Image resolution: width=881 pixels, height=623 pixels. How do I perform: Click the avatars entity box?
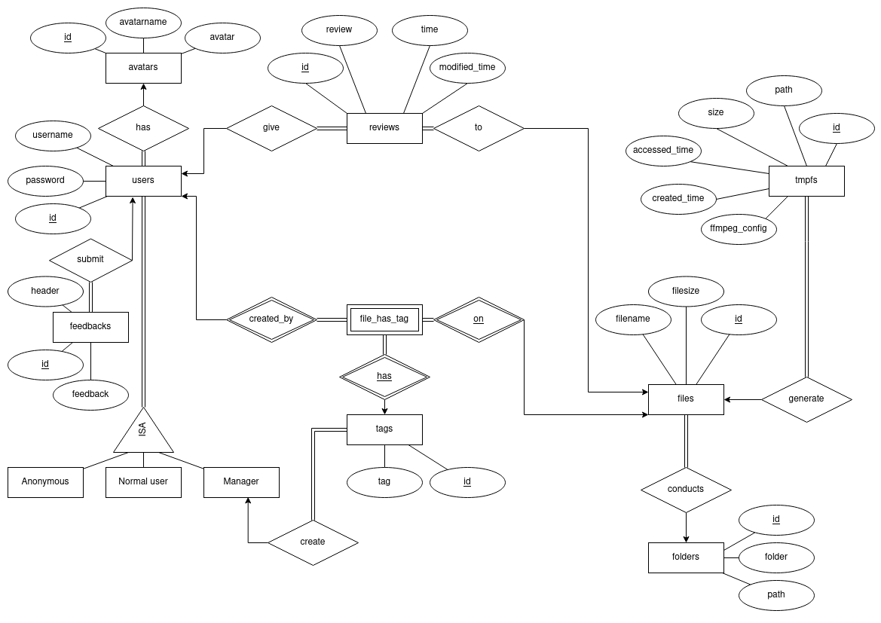point(143,68)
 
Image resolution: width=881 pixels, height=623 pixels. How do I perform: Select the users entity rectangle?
point(143,180)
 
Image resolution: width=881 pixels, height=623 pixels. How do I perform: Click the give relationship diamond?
point(271,127)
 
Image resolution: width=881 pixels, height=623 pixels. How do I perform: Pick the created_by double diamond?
point(271,319)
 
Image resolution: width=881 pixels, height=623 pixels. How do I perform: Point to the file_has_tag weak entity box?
point(384,319)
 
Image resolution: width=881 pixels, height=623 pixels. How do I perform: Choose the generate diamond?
point(806,399)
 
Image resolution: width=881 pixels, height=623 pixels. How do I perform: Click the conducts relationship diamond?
point(686,489)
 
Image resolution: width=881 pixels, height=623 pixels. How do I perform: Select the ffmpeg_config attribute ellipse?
point(739,228)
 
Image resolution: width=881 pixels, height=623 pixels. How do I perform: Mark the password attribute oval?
point(45,180)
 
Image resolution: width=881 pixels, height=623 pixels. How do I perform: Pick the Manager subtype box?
point(241,481)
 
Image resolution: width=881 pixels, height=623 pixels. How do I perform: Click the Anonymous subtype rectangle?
point(45,481)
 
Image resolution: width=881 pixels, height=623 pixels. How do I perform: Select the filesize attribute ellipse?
point(686,289)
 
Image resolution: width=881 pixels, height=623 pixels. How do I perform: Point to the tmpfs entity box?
point(806,180)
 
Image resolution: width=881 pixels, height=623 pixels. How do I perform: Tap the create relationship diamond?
point(313,542)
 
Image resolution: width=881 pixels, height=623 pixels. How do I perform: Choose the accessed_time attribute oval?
point(663,150)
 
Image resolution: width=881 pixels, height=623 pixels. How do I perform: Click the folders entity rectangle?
point(686,557)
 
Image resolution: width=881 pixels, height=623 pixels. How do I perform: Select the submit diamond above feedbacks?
point(90,259)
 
